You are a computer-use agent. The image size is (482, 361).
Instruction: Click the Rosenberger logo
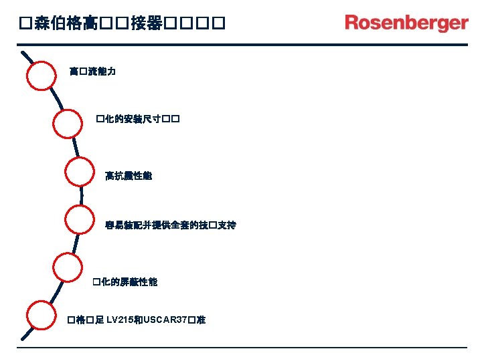pos(406,23)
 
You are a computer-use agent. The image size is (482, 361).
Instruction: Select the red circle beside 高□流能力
pos(42,76)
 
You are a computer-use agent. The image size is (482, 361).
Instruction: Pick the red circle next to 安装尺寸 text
pos(68,124)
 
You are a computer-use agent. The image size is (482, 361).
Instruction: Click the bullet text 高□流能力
pos(92,71)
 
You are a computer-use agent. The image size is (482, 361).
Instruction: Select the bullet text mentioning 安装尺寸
pos(137,120)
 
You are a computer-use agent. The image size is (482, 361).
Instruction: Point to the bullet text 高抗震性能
pos(129,176)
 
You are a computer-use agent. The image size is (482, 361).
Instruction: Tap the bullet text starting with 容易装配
pos(170,225)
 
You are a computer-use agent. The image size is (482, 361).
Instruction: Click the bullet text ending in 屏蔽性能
pos(125,282)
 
